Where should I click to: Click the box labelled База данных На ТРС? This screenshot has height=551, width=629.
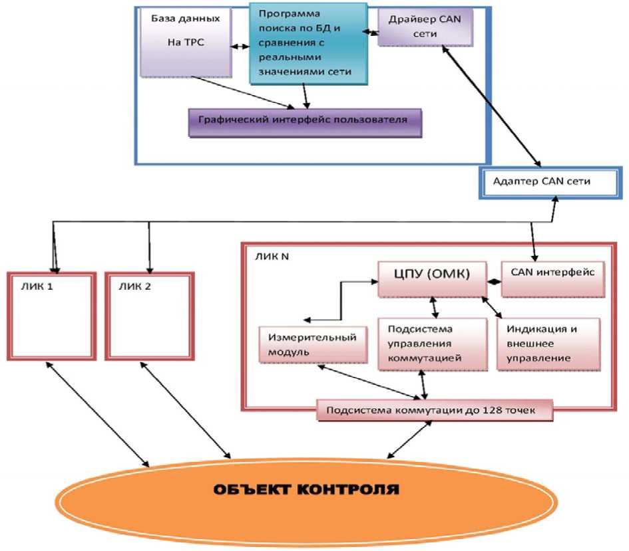[187, 44]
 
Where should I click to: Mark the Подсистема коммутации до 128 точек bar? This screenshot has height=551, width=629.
[435, 411]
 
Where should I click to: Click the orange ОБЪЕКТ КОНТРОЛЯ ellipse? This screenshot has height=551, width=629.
[306, 493]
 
